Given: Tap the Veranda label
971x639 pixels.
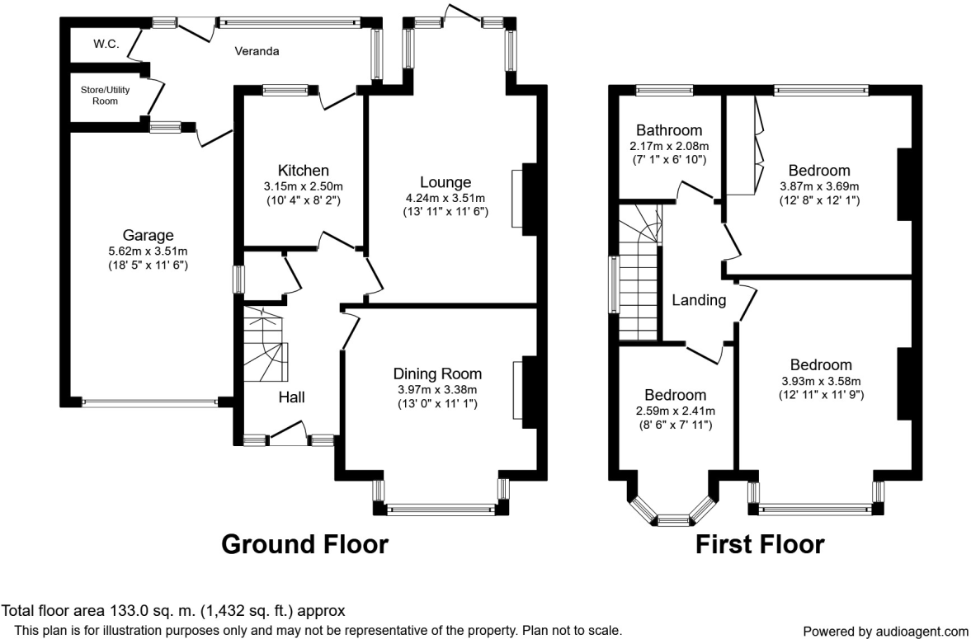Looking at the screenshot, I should point(256,51).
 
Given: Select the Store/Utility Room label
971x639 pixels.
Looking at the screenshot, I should point(99,95).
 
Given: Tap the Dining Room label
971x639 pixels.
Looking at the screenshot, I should point(437,374).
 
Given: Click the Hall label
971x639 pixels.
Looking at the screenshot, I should point(291,397).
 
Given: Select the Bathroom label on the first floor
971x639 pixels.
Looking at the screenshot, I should point(669,130).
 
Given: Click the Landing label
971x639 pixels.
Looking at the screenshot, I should point(698,300).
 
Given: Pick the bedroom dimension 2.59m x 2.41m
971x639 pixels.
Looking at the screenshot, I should point(676,411).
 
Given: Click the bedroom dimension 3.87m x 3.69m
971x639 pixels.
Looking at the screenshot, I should point(819,186).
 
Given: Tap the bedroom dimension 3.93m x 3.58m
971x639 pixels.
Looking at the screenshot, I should point(821,381).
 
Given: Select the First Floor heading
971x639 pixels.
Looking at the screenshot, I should point(759,544).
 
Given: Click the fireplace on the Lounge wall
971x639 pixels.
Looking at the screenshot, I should point(517,199).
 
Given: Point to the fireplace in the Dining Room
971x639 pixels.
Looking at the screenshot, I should point(517,393).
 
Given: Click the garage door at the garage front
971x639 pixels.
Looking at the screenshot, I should point(150,403).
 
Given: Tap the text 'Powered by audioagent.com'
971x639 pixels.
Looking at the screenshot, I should point(885,632).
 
